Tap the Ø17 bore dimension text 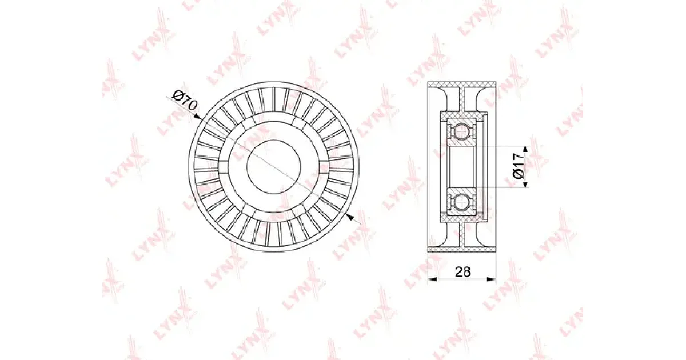[x=519, y=166]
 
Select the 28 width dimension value [x=462, y=271]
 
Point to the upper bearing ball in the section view [x=461, y=132]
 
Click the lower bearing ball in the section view [x=461, y=202]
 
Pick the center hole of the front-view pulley [x=273, y=167]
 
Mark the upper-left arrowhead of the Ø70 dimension [x=198, y=117]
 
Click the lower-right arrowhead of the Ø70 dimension [x=349, y=217]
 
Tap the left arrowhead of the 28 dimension [x=432, y=279]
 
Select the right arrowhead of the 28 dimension [x=492, y=279]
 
